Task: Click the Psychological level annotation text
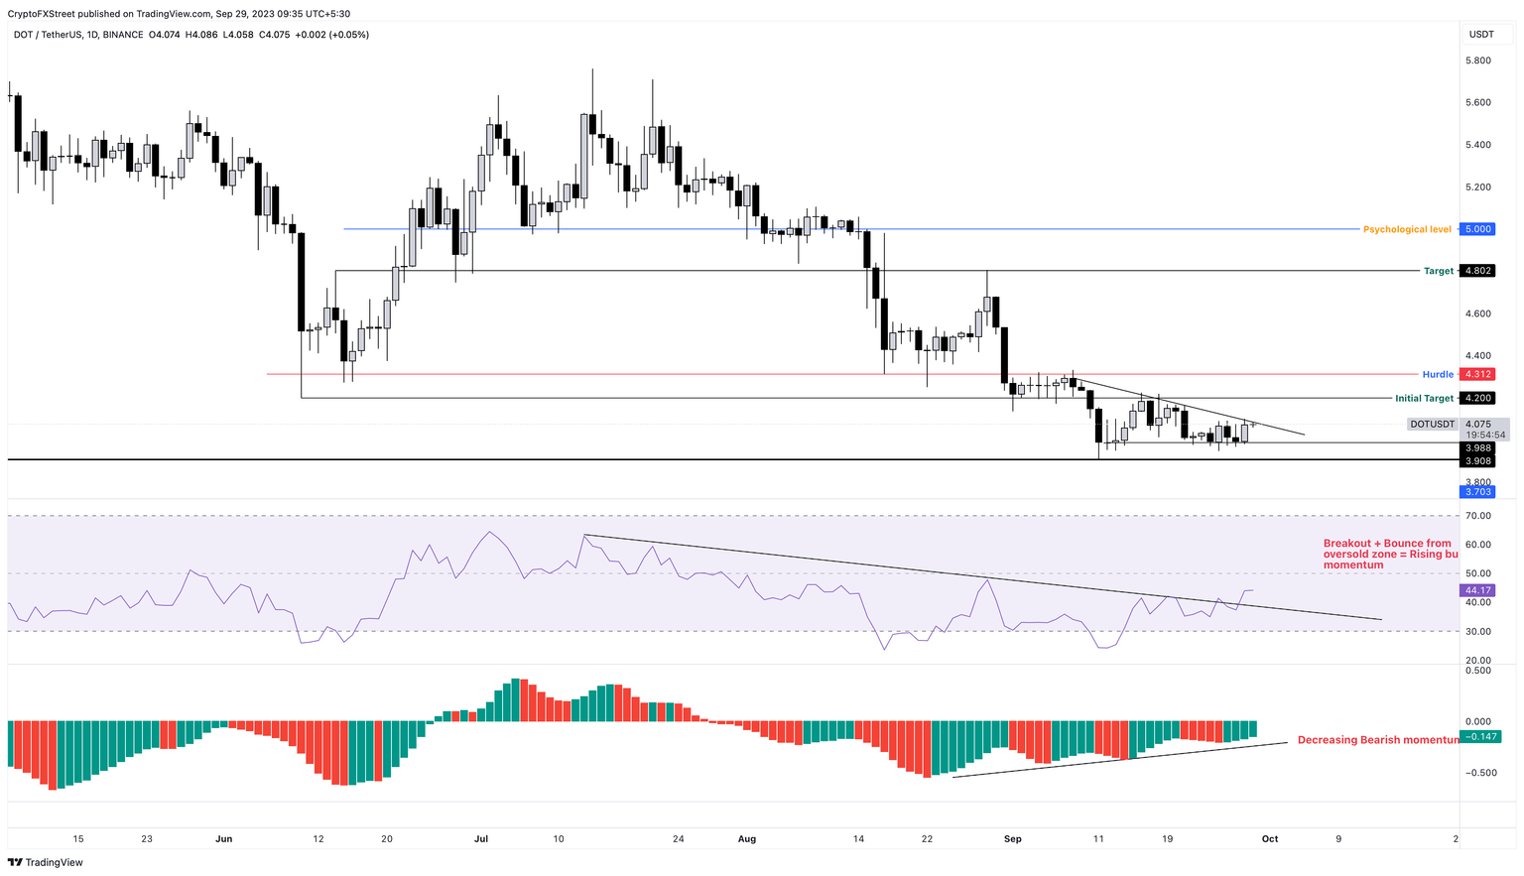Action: pyautogui.click(x=1406, y=229)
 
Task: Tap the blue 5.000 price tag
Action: pyautogui.click(x=1478, y=229)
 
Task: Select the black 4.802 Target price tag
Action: pyautogui.click(x=1478, y=271)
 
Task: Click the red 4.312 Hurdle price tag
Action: pyautogui.click(x=1478, y=374)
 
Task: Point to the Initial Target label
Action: pyautogui.click(x=1424, y=398)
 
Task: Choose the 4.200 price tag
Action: pyautogui.click(x=1478, y=398)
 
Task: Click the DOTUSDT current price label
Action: pyautogui.click(x=1433, y=425)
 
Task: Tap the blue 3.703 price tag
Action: pyautogui.click(x=1477, y=492)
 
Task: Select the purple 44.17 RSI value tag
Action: pyautogui.click(x=1478, y=590)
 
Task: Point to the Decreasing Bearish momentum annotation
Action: pyautogui.click(x=1377, y=740)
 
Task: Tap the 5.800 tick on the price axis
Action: pyautogui.click(x=1478, y=61)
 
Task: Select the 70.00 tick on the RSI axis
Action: pyautogui.click(x=1478, y=516)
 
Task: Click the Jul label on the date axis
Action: pyautogui.click(x=481, y=838)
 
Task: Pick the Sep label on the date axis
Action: pyautogui.click(x=1013, y=838)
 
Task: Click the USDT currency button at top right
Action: pyautogui.click(x=1481, y=34)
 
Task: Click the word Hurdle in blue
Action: pyautogui.click(x=1438, y=374)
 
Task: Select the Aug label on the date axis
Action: pyautogui.click(x=747, y=838)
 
